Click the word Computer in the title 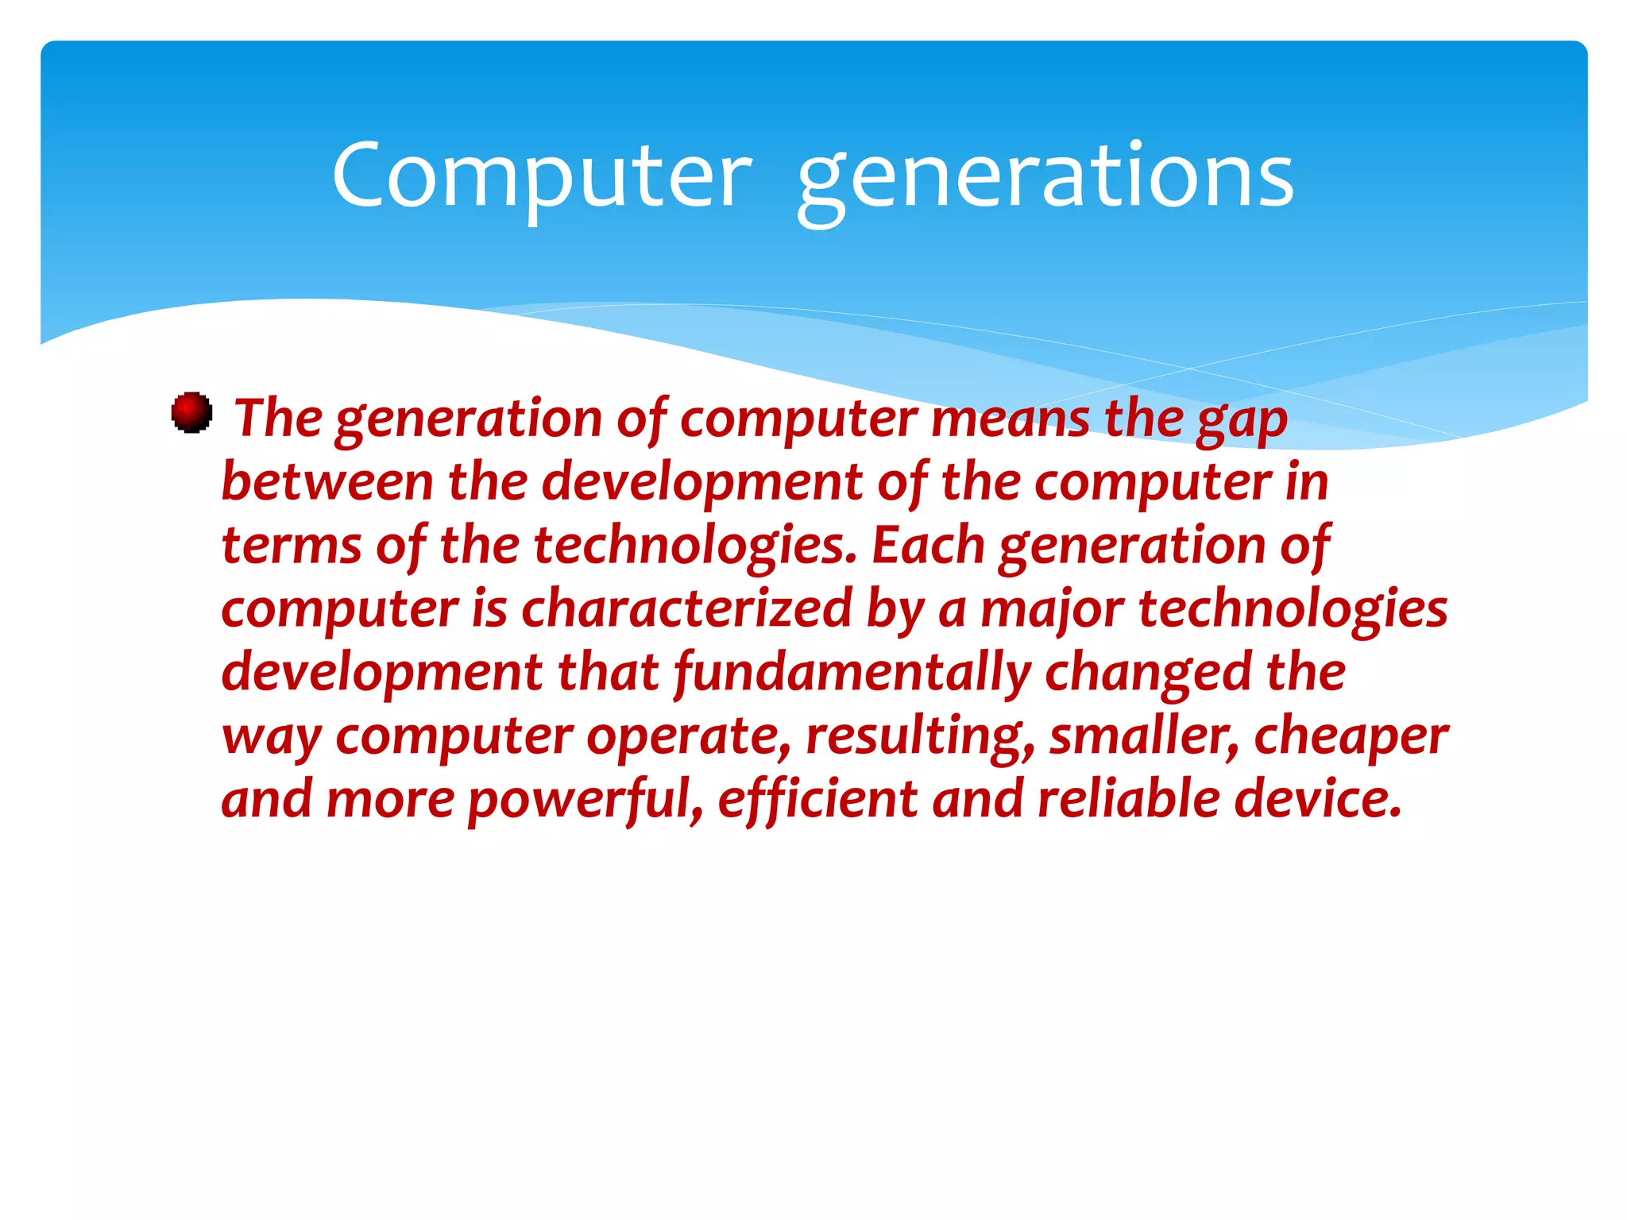[542, 176]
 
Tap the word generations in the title [1045, 179]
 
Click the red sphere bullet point [191, 412]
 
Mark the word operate [689, 736]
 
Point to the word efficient [817, 798]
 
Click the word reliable [1128, 798]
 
